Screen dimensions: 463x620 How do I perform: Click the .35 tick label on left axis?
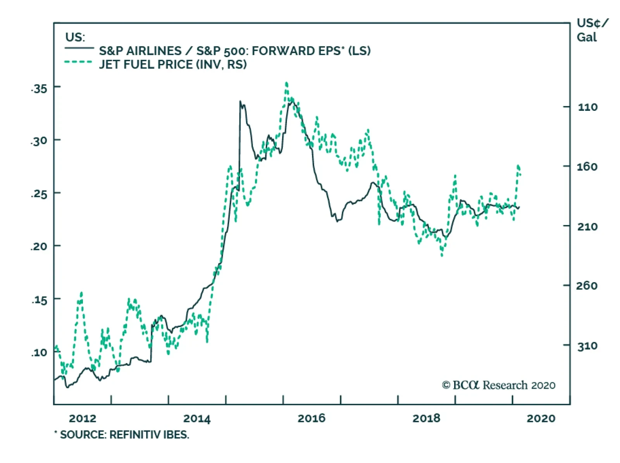point(39,89)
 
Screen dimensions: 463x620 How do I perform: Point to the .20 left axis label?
point(39,246)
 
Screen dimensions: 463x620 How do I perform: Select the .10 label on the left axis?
point(39,353)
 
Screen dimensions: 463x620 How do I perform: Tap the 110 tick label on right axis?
point(587,107)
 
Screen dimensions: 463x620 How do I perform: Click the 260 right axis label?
point(587,286)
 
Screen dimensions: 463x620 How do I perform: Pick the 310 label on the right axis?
point(587,346)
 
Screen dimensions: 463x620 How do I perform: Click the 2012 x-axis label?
point(83,418)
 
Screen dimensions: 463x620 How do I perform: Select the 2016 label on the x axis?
point(312,418)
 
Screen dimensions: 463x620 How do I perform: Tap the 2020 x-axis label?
point(541,418)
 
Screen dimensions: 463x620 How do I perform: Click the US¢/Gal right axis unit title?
point(592,30)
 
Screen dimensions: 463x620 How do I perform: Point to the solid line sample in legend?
point(79,48)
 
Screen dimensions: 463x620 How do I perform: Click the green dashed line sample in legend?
point(78,62)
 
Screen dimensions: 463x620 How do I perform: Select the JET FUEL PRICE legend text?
point(173,64)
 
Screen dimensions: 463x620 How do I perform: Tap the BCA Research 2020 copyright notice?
point(499,385)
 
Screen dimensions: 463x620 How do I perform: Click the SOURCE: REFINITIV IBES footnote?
point(122,435)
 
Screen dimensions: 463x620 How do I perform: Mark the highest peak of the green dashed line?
point(286,83)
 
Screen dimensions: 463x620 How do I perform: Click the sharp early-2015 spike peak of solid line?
point(240,102)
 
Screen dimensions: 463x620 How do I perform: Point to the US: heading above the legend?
point(75,37)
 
